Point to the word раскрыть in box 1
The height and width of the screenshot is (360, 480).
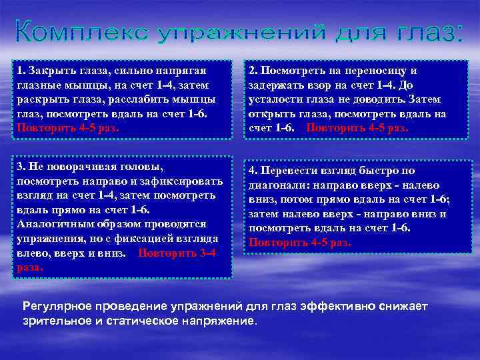point(40,99)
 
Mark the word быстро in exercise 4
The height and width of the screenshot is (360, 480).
point(381,170)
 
